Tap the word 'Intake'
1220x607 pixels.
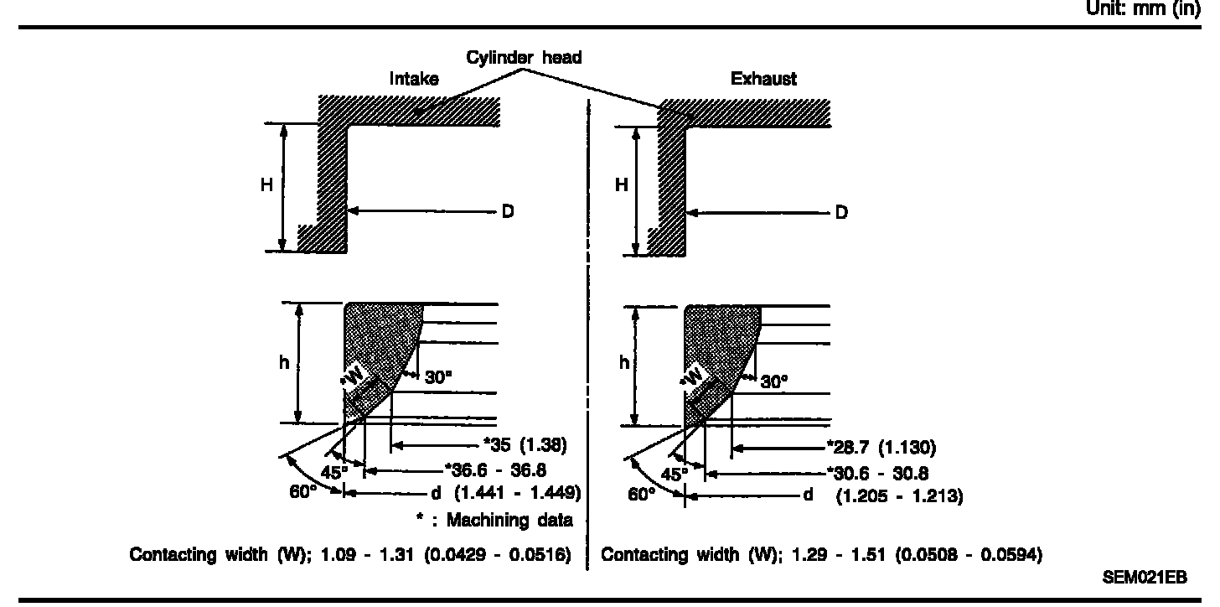[414, 79]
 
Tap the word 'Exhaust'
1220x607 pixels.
[763, 79]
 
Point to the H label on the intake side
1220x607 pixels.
[266, 185]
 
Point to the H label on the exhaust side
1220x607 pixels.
[621, 185]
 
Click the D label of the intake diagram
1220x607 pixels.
[507, 211]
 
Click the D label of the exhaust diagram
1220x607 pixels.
[841, 212]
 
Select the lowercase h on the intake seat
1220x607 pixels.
[285, 362]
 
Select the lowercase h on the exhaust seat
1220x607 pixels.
[624, 362]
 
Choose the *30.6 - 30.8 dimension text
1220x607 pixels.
[876, 473]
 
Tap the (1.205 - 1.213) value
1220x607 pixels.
[899, 496]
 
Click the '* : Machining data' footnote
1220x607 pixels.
[494, 520]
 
